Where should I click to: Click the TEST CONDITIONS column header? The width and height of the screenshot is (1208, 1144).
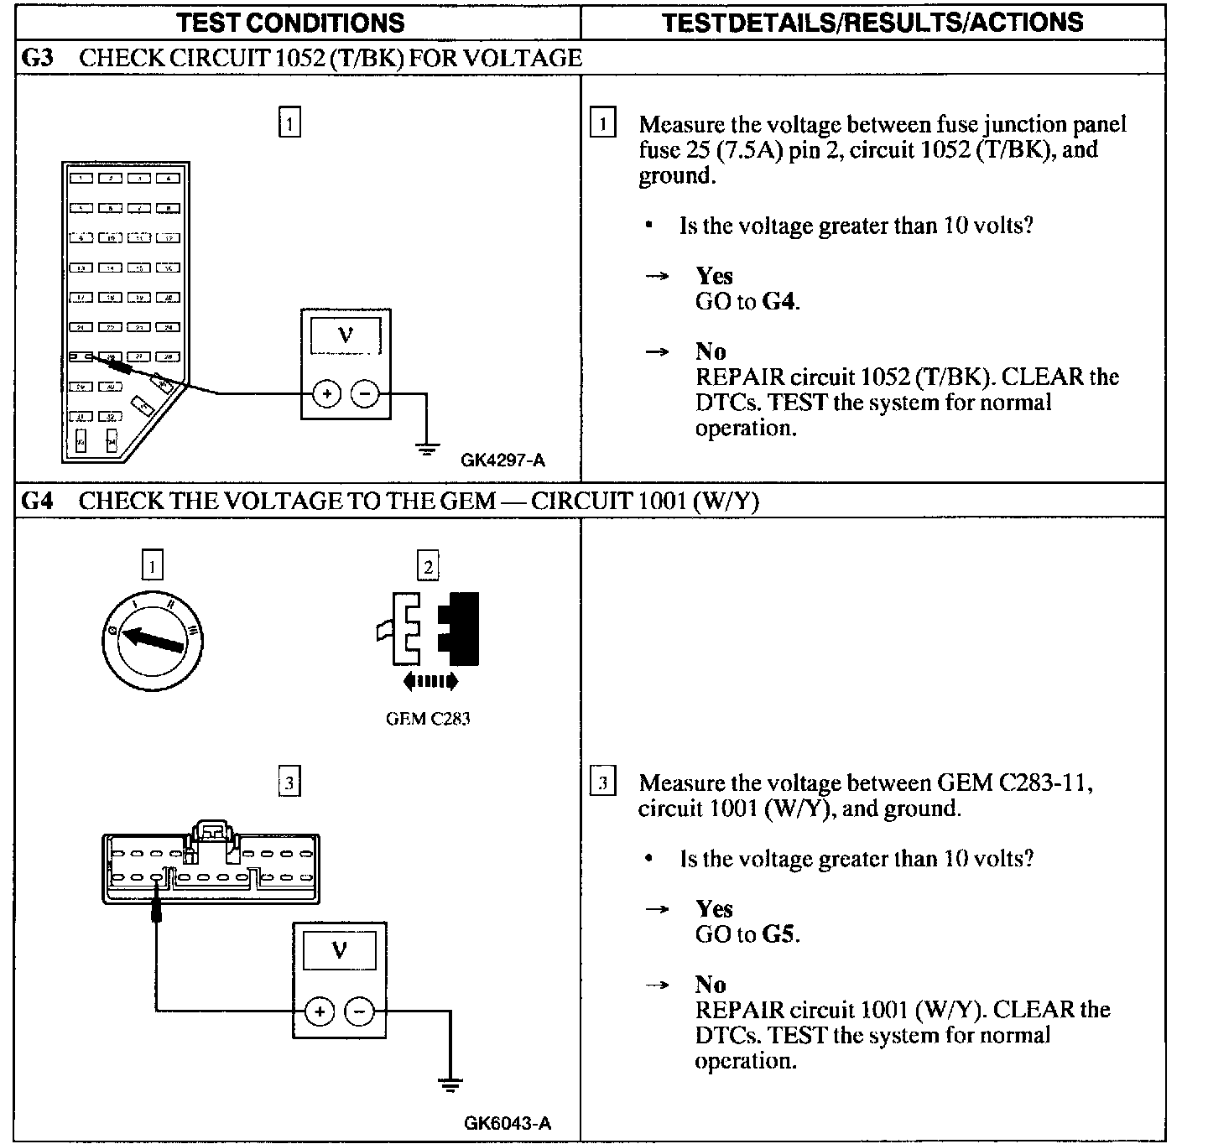[x=290, y=22]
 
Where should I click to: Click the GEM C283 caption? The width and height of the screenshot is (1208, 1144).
[x=427, y=719]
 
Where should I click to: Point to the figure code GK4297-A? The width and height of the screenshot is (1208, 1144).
[x=502, y=460]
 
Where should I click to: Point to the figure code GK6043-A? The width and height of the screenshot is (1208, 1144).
[x=507, y=1124]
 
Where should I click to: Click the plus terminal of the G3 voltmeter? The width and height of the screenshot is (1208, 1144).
[x=327, y=393]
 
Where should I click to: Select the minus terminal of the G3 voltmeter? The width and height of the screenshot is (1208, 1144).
[x=364, y=393]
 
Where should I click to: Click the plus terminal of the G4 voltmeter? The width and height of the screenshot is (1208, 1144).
[x=319, y=1012]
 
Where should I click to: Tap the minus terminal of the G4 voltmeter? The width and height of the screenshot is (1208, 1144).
[x=359, y=1012]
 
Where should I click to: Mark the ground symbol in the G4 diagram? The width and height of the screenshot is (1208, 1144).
[x=450, y=1085]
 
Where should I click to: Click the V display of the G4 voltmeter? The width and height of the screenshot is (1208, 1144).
[x=339, y=952]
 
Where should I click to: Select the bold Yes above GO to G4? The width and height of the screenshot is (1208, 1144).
[x=714, y=276]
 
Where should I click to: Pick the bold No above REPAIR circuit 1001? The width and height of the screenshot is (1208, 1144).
[x=711, y=985]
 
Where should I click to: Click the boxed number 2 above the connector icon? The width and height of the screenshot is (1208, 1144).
[x=428, y=566]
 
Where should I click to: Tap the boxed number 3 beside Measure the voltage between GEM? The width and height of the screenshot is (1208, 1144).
[x=602, y=783]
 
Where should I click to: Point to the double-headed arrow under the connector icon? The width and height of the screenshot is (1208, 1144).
[x=430, y=682]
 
